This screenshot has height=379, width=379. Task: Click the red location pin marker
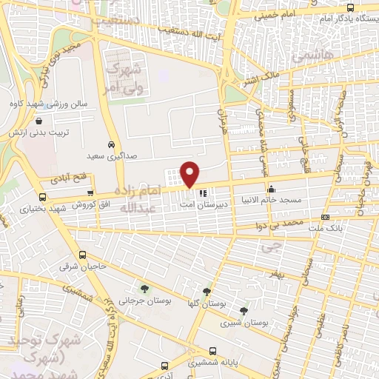[x=190, y=174]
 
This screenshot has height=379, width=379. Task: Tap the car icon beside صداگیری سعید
[x=110, y=144]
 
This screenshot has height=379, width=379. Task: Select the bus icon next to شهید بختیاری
[x=42, y=197]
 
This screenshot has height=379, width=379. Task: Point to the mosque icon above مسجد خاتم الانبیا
[x=271, y=187]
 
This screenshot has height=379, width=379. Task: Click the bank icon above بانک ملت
[x=325, y=217]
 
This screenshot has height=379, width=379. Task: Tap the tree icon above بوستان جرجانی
[x=144, y=288]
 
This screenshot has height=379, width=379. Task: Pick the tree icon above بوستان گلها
[x=207, y=291]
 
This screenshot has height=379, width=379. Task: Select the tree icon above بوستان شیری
[x=244, y=310]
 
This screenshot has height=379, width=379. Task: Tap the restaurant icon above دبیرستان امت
[x=203, y=192]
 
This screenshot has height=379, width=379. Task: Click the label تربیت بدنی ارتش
[x=34, y=132]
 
